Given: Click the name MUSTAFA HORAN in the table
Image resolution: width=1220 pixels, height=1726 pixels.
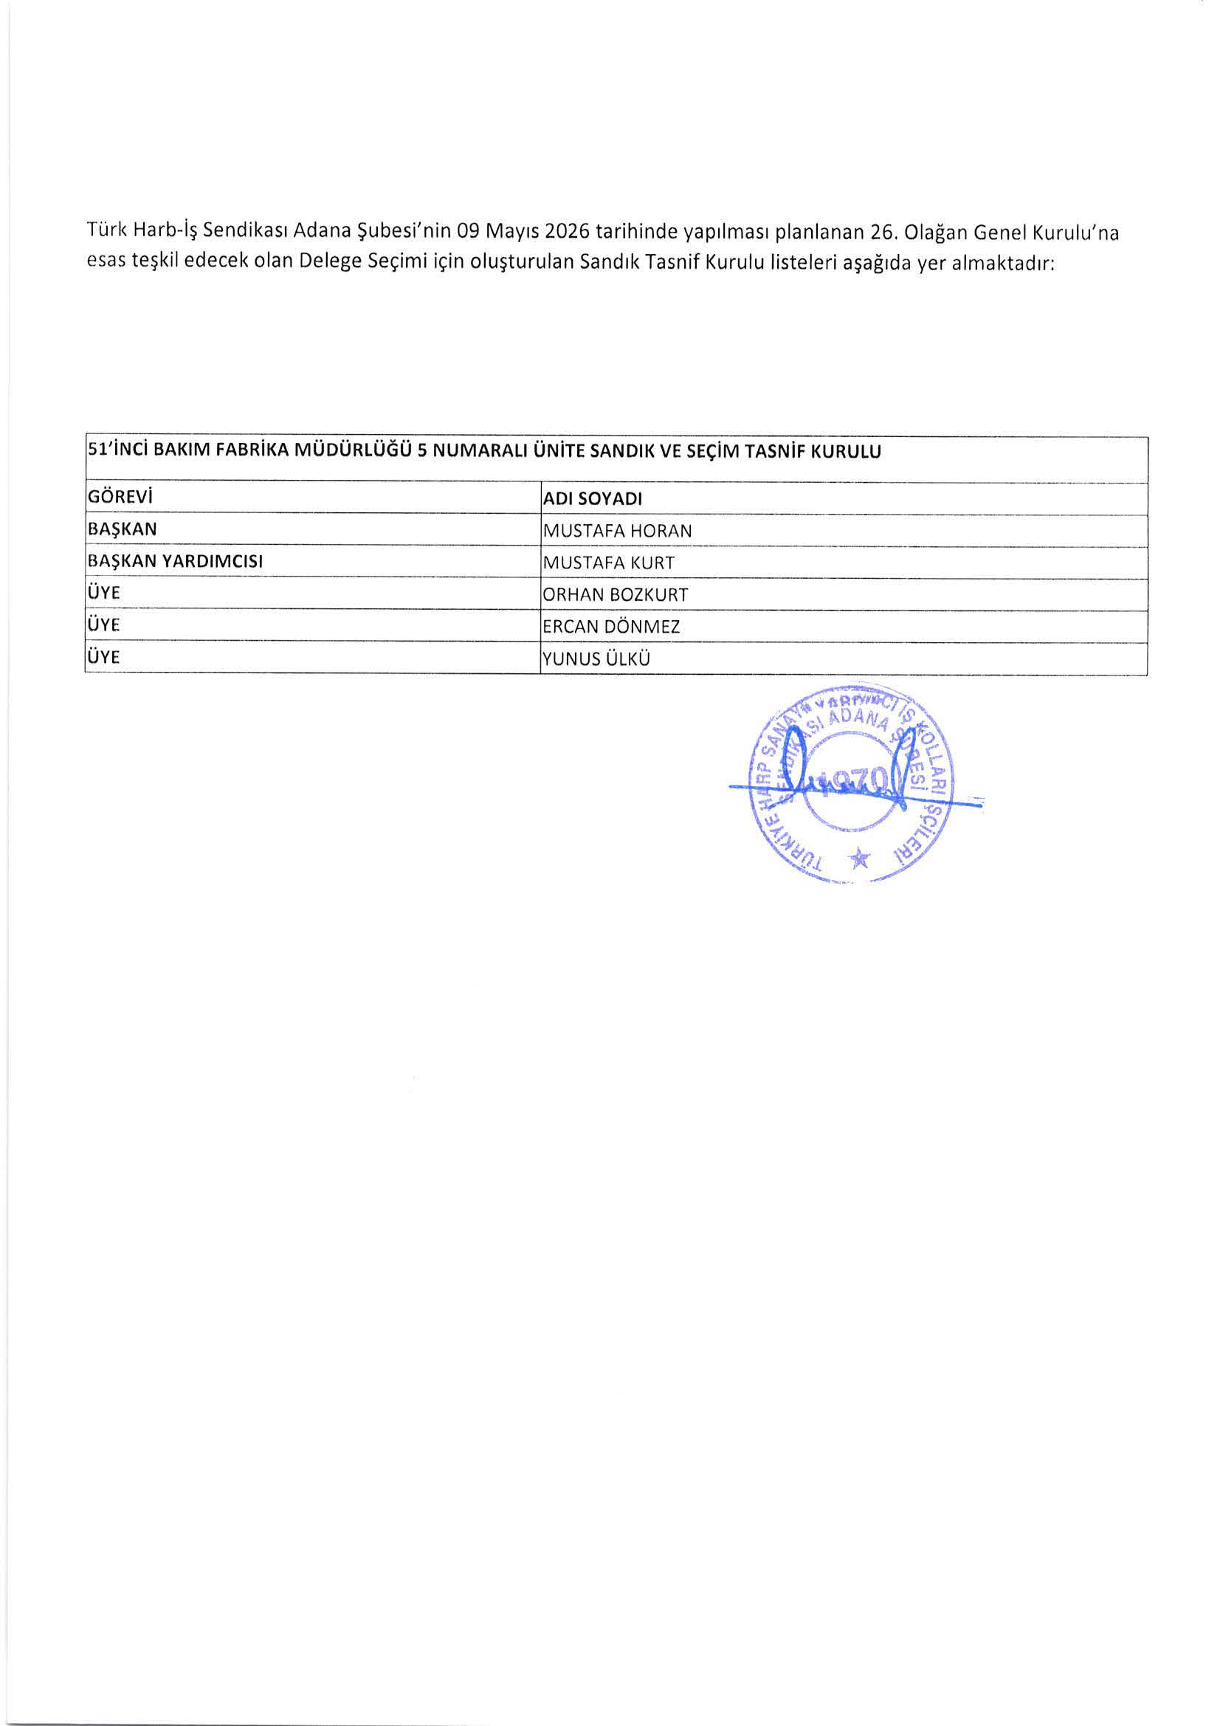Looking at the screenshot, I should [x=616, y=531].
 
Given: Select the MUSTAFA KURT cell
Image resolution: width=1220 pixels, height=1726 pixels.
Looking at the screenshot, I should [x=608, y=563].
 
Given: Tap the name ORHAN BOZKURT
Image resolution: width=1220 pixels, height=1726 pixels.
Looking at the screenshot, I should [x=615, y=594].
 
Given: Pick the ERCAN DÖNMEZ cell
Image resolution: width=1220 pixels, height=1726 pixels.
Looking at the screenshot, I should [x=611, y=627].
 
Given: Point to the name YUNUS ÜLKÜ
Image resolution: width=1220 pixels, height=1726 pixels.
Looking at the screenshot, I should [x=596, y=659].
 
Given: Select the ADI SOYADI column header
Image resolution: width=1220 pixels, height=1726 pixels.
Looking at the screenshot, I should [x=593, y=499].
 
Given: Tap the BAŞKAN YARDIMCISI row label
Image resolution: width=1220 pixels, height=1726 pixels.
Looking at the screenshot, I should [x=175, y=562].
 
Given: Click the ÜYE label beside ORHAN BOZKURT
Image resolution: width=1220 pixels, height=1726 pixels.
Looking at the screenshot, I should [x=105, y=593].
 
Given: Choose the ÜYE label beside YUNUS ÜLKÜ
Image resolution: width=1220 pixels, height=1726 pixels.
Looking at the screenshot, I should [x=105, y=658].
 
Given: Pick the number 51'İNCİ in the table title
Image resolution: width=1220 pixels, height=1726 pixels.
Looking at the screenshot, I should [x=116, y=452].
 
